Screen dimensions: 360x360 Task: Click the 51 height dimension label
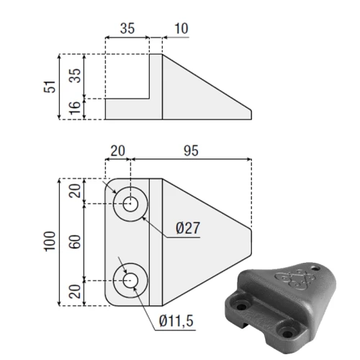(x=50, y=86)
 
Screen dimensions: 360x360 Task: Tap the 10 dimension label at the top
(x=181, y=29)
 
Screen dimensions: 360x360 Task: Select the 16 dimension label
(x=75, y=108)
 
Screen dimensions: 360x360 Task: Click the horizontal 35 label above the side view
(x=127, y=29)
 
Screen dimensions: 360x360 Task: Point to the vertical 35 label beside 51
(x=75, y=76)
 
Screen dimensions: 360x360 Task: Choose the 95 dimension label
(x=191, y=151)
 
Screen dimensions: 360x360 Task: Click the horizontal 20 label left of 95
(x=117, y=151)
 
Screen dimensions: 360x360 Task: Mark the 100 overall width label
(x=50, y=241)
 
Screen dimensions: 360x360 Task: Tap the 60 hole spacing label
(x=75, y=242)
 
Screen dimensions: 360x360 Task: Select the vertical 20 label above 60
(x=75, y=191)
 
